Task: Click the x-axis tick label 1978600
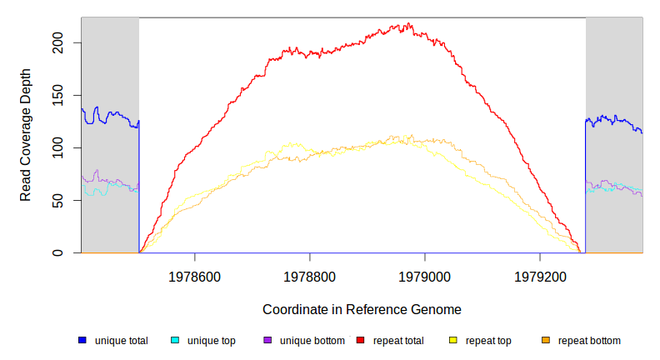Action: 195,274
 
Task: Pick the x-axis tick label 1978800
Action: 310,274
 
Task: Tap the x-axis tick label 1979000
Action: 425,274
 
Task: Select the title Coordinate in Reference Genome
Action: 362,310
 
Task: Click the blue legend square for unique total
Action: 82,341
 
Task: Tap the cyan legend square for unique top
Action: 175,341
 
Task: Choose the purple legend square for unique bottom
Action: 267,341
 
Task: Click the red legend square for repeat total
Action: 361,341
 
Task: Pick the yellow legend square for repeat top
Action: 453,341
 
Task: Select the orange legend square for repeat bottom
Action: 546,341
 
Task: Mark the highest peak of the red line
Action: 407,23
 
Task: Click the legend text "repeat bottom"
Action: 589,341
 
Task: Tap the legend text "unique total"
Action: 122,341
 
